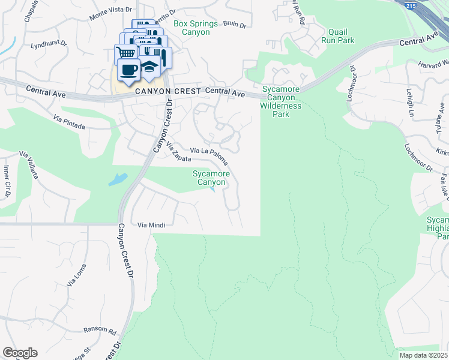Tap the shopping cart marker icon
click(x=125, y=53)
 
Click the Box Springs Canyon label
click(x=191, y=28)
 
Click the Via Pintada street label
click(x=69, y=122)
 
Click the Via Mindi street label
click(x=151, y=225)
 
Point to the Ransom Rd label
click(x=100, y=331)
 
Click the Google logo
click(x=20, y=353)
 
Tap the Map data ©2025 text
click(x=423, y=355)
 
